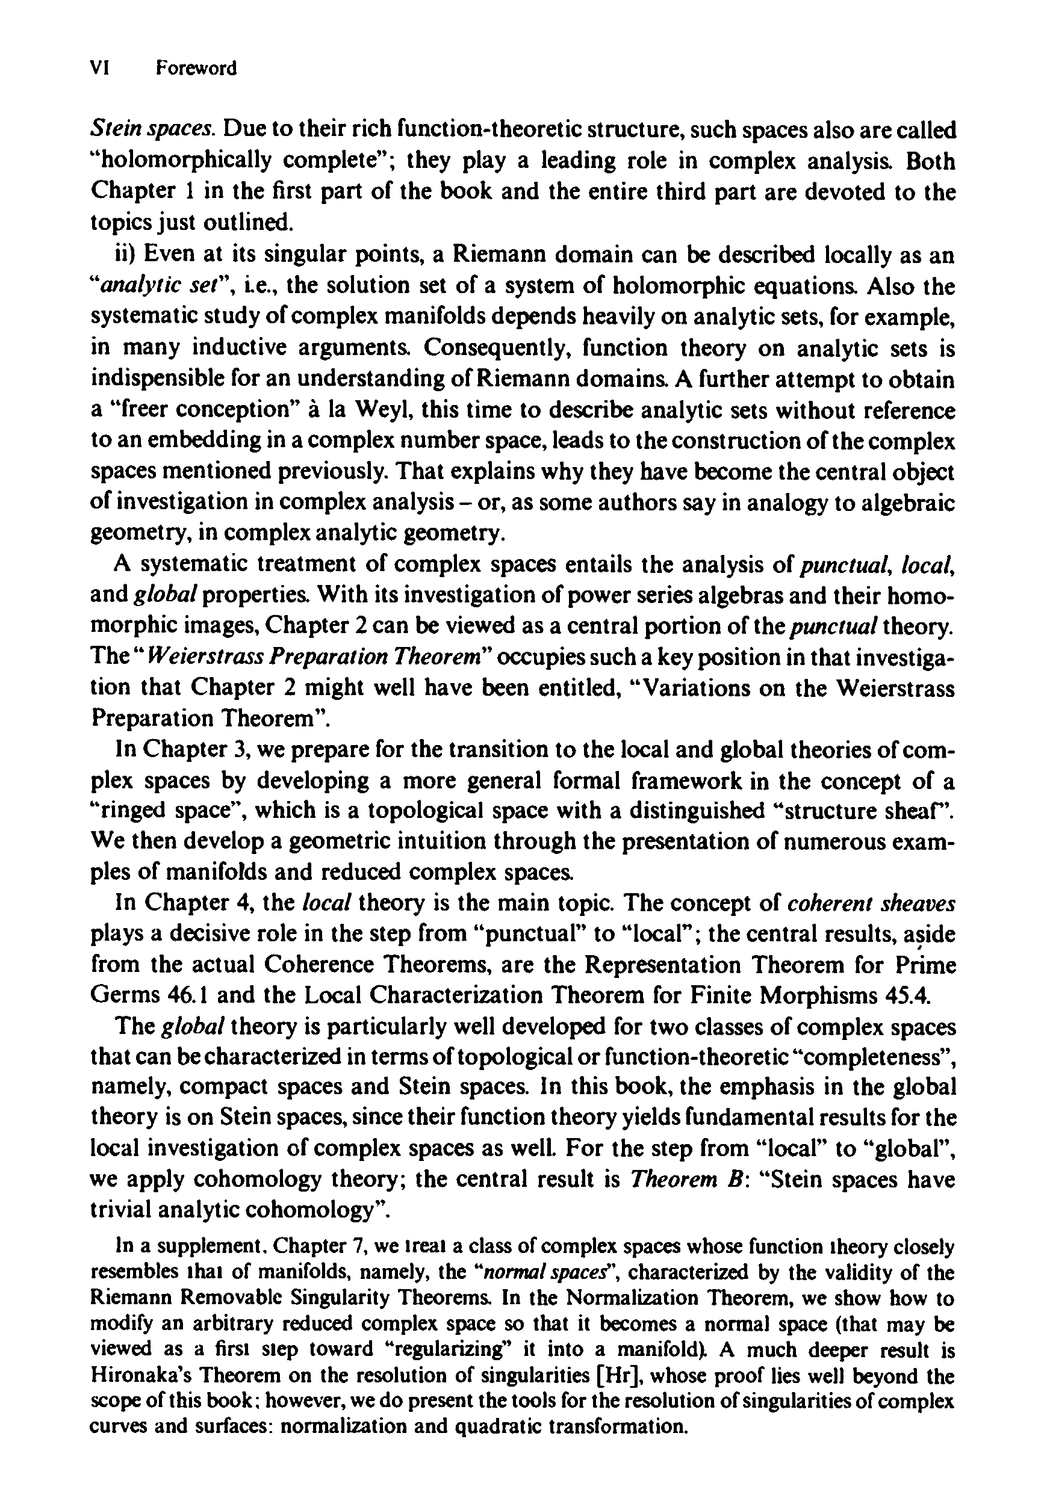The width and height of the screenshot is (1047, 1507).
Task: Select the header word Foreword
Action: [196, 68]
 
